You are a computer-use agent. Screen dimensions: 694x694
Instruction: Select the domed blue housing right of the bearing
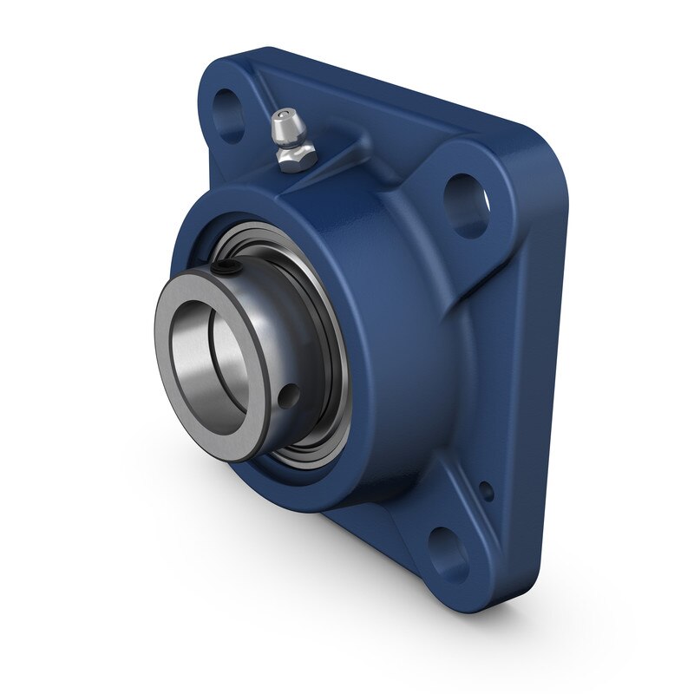[408, 347]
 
